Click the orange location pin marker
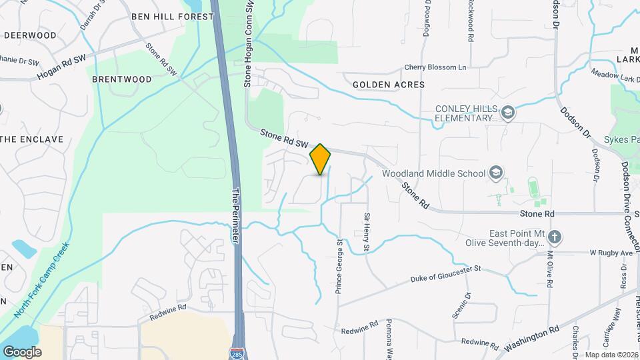click(320, 159)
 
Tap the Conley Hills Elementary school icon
click(508, 111)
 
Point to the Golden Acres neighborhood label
click(388, 85)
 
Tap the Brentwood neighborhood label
click(122, 79)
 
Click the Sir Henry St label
click(366, 231)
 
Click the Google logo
click(22, 351)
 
